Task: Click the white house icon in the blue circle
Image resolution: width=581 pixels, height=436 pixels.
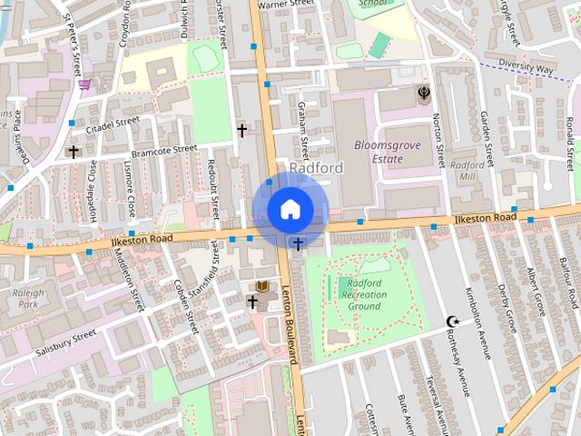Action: click(289, 209)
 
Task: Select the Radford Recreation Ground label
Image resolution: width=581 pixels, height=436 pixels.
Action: click(364, 294)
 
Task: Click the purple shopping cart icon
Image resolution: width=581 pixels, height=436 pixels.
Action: click(84, 84)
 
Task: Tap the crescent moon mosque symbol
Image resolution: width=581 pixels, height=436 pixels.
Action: click(453, 321)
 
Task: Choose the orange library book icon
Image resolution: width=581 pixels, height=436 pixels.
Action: click(262, 286)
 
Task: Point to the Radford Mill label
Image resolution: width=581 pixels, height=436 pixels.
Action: click(468, 171)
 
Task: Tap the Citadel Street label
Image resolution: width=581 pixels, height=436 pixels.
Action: click(113, 126)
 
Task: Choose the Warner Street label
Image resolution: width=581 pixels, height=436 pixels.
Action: click(285, 5)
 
